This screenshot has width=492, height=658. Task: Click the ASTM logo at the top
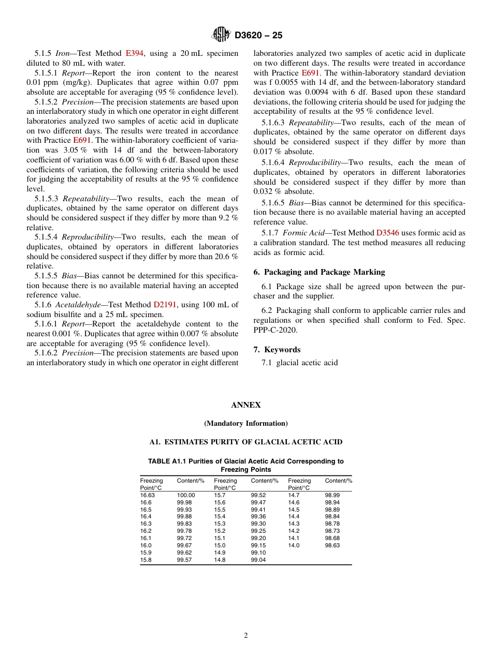pos(221,35)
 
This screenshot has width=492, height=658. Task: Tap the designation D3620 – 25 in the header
pos(258,36)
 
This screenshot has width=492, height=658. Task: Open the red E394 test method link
pos(134,53)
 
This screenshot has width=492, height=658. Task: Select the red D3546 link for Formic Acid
pos(387,233)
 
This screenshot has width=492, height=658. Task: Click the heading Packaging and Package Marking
pos(324,272)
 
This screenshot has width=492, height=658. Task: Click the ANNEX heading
pos(246,405)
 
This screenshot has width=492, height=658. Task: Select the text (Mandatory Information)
pos(246,423)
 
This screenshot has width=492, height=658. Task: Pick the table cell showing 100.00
pos(186,495)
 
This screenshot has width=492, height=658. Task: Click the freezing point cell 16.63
pos(147,495)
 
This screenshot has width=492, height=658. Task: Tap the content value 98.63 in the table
pos(332,545)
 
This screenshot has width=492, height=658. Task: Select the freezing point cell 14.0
pos(294,545)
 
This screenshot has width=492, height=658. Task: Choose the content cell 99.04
pos(258,560)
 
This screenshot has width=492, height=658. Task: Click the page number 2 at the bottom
pos(246,636)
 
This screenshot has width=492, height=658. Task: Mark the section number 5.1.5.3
pos(47,199)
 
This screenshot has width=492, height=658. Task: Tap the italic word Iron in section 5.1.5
pos(63,53)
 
